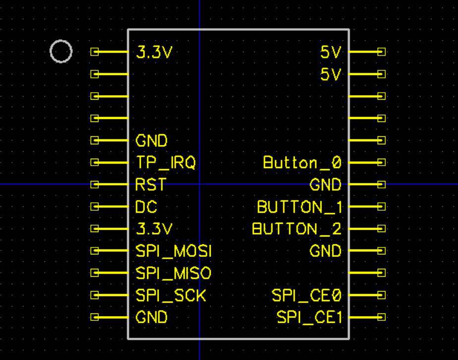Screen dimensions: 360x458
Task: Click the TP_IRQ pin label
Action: pyautogui.click(x=166, y=163)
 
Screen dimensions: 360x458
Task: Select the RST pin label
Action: pyautogui.click(x=150, y=185)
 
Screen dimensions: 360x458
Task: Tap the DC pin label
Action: pyautogui.click(x=146, y=207)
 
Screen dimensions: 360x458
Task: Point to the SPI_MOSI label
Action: pyautogui.click(x=173, y=251)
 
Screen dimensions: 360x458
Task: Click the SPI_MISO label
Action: pyautogui.click(x=173, y=273)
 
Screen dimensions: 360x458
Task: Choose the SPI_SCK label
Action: pyautogui.click(x=171, y=296)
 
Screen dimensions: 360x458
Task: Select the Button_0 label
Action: pyautogui.click(x=302, y=163)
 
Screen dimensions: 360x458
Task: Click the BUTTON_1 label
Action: pyautogui.click(x=299, y=207)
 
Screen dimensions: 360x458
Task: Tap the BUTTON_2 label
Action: pyautogui.click(x=297, y=229)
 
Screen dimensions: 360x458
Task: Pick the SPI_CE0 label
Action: pyautogui.click(x=307, y=296)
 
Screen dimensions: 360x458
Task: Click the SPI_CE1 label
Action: pyautogui.click(x=309, y=317)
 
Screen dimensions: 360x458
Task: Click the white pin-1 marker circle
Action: pyautogui.click(x=61, y=52)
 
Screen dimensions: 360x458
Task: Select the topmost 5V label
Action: pyautogui.click(x=331, y=52)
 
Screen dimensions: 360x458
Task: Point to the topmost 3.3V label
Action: pyautogui.click(x=154, y=52)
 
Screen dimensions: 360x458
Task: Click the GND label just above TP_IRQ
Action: pyautogui.click(x=152, y=141)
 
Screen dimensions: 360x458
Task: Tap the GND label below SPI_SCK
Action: pyautogui.click(x=152, y=317)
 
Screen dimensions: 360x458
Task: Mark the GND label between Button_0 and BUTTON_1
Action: pyautogui.click(x=326, y=185)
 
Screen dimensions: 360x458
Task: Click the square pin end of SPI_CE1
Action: pyautogui.click(x=381, y=317)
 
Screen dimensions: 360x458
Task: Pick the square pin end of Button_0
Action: pyautogui.click(x=381, y=162)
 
